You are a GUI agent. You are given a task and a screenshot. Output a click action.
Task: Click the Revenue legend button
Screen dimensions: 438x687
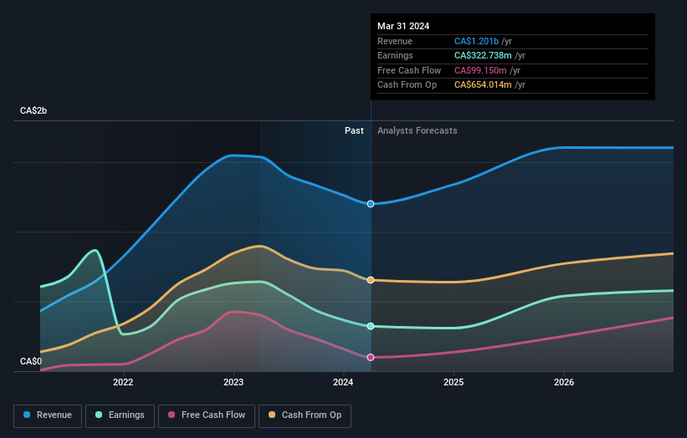[48, 415]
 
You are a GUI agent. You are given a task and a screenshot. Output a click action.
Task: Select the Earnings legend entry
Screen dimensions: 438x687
[120, 415]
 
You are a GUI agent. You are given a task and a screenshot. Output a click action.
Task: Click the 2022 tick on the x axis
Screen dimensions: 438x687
[123, 383]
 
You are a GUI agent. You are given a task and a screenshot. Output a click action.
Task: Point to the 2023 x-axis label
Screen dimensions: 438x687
[233, 383]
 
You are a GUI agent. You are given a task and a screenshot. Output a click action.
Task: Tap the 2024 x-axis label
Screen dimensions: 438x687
[343, 383]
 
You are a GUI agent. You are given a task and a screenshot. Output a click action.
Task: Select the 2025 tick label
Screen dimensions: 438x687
[454, 383]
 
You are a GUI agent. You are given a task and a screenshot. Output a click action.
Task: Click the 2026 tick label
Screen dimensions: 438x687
[564, 383]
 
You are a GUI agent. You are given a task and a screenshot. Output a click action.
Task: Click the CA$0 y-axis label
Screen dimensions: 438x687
[31, 361]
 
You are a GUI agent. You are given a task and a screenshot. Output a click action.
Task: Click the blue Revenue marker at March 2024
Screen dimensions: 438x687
[371, 204]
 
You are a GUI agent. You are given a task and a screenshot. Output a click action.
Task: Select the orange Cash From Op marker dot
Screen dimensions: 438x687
[371, 280]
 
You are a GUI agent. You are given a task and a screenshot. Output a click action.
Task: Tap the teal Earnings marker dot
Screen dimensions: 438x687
[371, 326]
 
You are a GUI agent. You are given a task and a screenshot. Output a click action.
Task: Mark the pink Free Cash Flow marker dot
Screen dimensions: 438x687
[371, 357]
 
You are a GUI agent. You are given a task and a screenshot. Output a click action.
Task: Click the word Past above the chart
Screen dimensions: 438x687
[354, 130]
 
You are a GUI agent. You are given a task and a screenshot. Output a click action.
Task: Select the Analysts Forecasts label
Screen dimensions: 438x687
[417, 130]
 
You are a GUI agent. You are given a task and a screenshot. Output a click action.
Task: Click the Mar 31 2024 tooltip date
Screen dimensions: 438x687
[403, 26]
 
